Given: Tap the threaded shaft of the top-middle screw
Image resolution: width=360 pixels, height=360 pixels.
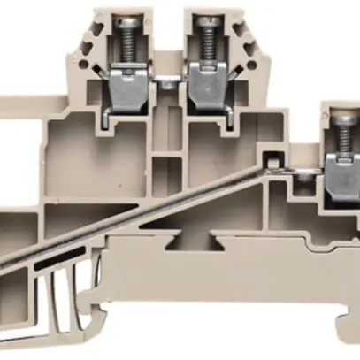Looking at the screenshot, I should click(206, 44).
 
